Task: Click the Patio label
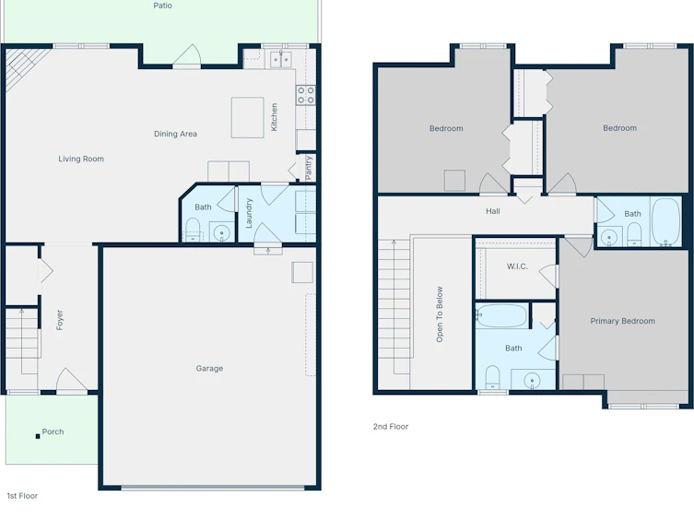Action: pyautogui.click(x=162, y=6)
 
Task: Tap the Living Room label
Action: pyautogui.click(x=81, y=159)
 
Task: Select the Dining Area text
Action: pyautogui.click(x=175, y=134)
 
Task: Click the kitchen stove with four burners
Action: pyautogui.click(x=306, y=95)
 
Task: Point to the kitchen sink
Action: pyautogui.click(x=281, y=59)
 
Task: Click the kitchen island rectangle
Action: pyautogui.click(x=247, y=118)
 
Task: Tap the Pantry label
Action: pyautogui.click(x=309, y=167)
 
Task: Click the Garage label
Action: pyautogui.click(x=209, y=368)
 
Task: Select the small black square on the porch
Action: pyautogui.click(x=38, y=436)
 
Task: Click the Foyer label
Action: pyautogui.click(x=59, y=320)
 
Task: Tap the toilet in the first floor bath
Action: pyautogui.click(x=193, y=230)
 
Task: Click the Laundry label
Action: pyautogui.click(x=248, y=213)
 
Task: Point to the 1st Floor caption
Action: pyautogui.click(x=22, y=496)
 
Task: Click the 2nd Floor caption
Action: pyautogui.click(x=391, y=427)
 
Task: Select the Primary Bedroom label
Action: pyautogui.click(x=622, y=321)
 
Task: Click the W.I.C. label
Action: pyautogui.click(x=517, y=266)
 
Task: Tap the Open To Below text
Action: pyautogui.click(x=440, y=314)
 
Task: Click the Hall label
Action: pyautogui.click(x=492, y=211)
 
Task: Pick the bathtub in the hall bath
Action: pyautogui.click(x=665, y=221)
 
